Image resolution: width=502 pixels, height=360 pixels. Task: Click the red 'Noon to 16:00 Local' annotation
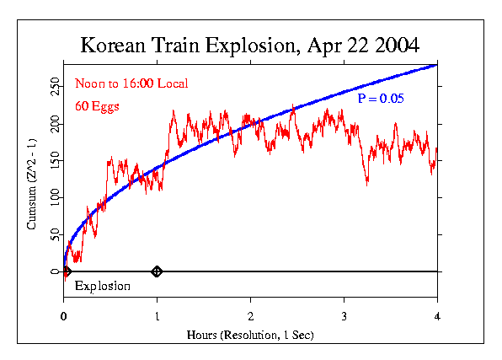tap(131, 83)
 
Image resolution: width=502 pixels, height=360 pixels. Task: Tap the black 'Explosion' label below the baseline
tap(102, 286)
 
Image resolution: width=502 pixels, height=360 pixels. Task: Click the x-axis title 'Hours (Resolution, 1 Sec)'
tap(250, 335)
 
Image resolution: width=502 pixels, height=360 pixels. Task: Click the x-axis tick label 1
tap(157, 316)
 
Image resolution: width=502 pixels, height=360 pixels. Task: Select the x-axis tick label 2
tap(250, 316)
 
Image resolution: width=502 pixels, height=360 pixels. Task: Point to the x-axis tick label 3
tap(344, 316)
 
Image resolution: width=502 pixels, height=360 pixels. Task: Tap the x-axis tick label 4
tap(437, 316)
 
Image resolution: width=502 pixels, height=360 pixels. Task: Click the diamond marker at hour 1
tap(157, 271)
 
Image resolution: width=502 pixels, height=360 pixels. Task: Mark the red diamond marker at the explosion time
tap(67, 271)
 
